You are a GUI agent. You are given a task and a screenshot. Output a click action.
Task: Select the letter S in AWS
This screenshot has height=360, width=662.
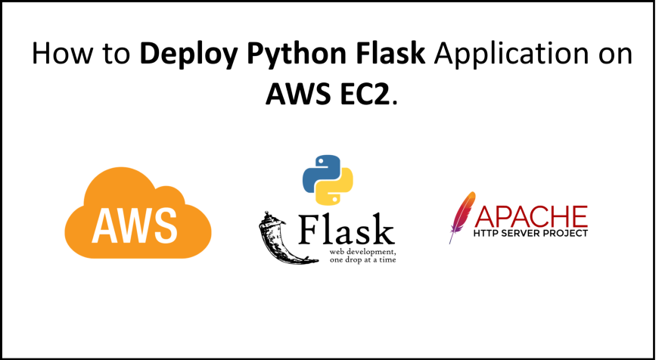pos(164,224)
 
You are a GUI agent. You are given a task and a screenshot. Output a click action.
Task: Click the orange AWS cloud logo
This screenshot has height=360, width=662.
pos(138,216)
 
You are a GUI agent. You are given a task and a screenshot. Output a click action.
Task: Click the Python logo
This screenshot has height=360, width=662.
pos(328,180)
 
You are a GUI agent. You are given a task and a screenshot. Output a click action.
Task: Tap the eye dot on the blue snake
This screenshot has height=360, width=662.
pos(320,160)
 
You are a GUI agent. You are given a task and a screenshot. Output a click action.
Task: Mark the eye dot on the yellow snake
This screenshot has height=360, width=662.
pos(336,200)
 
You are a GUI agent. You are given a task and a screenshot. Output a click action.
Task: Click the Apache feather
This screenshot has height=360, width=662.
pos(461,216)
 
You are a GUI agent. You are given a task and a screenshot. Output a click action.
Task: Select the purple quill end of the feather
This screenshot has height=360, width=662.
pos(451,241)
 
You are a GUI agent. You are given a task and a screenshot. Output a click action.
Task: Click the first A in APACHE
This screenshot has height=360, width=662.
pos(483,217)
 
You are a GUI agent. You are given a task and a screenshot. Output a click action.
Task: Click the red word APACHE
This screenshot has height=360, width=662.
pos(531,217)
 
